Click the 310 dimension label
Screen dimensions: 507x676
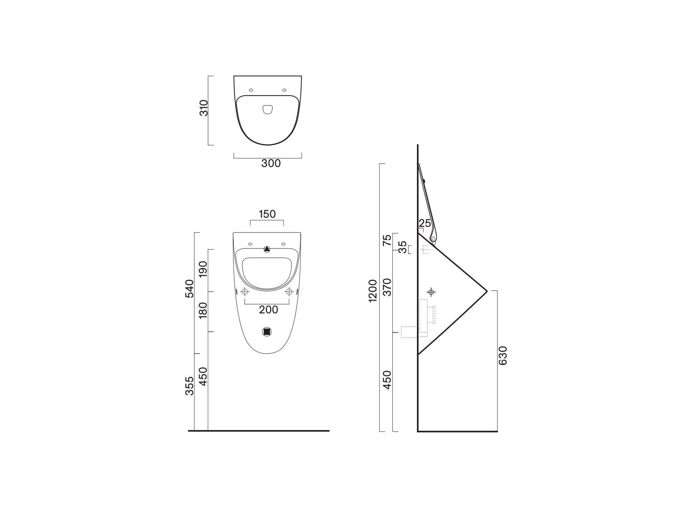click(204, 108)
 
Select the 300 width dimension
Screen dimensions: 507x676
click(271, 163)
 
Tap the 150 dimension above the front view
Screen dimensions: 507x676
click(267, 214)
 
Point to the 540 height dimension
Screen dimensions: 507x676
click(190, 288)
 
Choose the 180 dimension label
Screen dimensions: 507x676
click(203, 310)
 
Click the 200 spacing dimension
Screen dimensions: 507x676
click(269, 310)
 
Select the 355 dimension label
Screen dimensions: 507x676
click(190, 386)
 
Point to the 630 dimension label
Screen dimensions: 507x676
click(503, 355)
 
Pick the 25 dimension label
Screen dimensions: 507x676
click(424, 223)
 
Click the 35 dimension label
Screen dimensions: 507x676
click(402, 247)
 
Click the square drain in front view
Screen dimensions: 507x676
click(267, 332)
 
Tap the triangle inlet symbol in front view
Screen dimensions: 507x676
click(267, 250)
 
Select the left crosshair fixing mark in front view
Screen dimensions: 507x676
click(245, 292)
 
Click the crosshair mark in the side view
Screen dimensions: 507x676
click(432, 292)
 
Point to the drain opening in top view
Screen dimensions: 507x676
click(268, 110)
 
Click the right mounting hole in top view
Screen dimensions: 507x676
click(284, 90)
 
